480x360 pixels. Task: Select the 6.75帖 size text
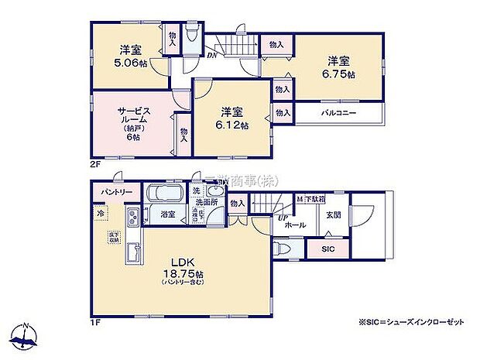(341, 75)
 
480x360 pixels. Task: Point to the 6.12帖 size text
(234, 125)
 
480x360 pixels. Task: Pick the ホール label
(295, 225)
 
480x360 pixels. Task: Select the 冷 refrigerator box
(101, 211)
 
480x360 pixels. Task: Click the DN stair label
(210, 56)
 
